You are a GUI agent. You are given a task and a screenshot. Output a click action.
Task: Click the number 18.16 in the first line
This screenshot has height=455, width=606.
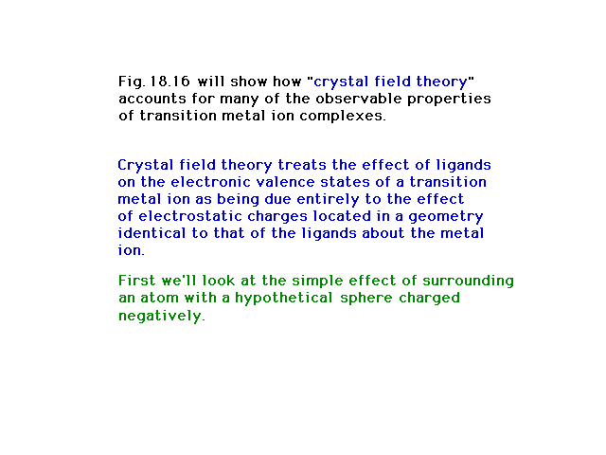pyautogui.click(x=170, y=82)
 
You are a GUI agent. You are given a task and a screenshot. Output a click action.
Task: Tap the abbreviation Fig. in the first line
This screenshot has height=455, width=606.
pyautogui.click(x=132, y=82)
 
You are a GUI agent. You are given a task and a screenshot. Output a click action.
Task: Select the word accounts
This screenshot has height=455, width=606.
pyautogui.click(x=152, y=99)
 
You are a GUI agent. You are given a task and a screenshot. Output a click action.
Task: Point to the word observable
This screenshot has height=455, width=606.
pyautogui.click(x=359, y=99)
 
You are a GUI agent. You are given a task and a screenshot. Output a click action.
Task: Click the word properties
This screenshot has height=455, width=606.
pyautogui.click(x=449, y=100)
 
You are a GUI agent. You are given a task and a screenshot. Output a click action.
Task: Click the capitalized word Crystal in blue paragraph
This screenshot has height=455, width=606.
pyautogui.click(x=145, y=166)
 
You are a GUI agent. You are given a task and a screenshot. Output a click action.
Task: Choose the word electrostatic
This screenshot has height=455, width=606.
pyautogui.click(x=190, y=216)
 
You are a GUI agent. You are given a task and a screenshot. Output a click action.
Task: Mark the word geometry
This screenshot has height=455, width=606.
pyautogui.click(x=446, y=217)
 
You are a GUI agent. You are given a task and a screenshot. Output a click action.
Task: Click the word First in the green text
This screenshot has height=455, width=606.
pyautogui.click(x=136, y=281)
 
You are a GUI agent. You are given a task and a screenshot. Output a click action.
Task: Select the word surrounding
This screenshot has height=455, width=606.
pyautogui.click(x=468, y=282)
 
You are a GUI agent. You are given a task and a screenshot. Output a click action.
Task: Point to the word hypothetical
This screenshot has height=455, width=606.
pyautogui.click(x=284, y=299)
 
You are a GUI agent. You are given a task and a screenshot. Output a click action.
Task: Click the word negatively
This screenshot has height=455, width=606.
pyautogui.click(x=162, y=316)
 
